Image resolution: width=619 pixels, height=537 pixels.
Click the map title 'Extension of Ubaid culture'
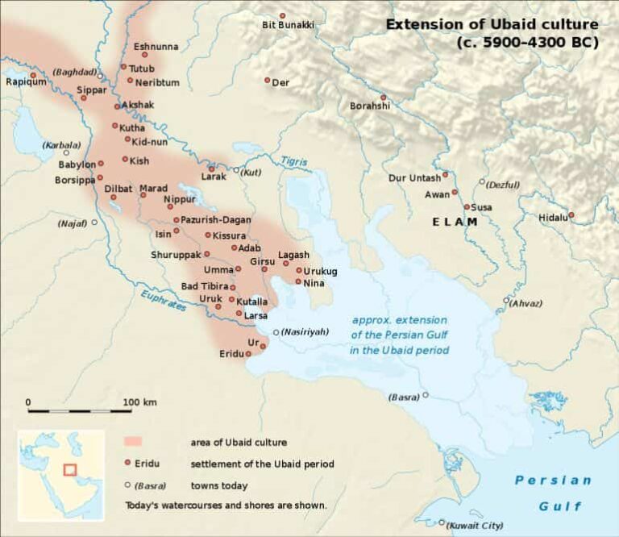click(492, 24)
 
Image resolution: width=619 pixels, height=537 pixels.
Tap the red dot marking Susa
click(467, 206)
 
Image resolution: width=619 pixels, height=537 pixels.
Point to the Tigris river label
click(294, 161)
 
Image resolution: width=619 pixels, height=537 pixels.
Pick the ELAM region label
click(455, 222)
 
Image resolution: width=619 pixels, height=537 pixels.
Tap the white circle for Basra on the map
click(426, 395)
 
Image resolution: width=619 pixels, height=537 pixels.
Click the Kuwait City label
click(476, 524)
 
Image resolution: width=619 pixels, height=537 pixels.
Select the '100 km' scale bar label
click(139, 402)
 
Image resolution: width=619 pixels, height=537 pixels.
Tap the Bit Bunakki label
click(288, 26)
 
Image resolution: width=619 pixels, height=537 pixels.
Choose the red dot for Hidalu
click(571, 214)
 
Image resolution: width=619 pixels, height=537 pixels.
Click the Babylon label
click(77, 164)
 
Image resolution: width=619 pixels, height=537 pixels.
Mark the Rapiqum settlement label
click(21, 81)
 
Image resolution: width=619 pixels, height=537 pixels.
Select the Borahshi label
click(370, 106)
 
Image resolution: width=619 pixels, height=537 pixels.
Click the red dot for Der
click(268, 80)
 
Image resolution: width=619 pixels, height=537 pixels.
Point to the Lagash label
click(293, 255)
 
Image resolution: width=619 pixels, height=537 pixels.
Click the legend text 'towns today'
click(219, 486)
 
